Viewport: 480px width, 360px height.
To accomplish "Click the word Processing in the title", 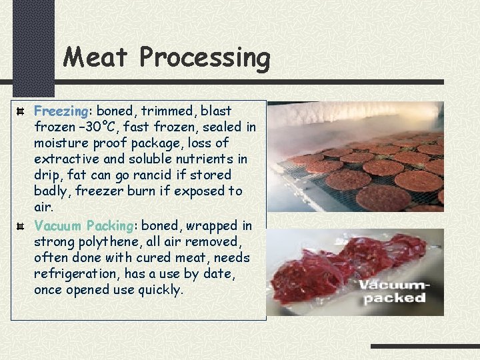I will pyautogui.click(x=204, y=59).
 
